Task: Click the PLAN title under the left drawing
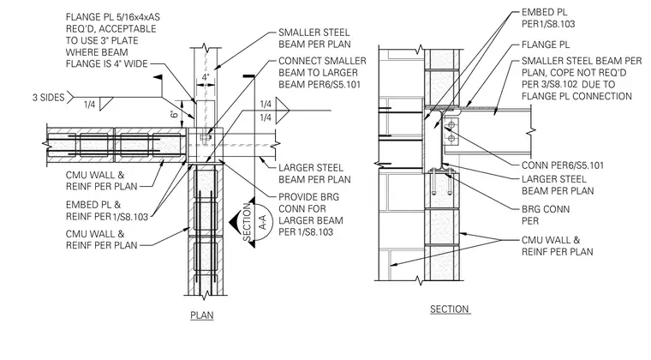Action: point(202,315)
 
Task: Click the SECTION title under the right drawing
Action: point(449,309)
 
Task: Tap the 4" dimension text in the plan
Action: point(206,77)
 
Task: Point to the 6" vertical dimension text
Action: point(176,113)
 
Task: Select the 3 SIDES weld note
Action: point(49,98)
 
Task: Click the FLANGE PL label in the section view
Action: point(546,45)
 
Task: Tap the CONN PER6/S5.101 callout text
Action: point(563,165)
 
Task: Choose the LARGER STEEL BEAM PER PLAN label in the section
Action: point(558,185)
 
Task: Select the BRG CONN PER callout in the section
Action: point(546,214)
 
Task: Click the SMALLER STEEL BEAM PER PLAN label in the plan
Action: point(314,39)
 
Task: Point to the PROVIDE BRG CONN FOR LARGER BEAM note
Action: point(311,214)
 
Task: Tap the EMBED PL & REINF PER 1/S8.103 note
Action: point(107,211)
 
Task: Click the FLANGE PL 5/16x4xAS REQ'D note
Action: point(112,40)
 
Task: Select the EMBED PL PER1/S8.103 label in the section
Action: point(548,18)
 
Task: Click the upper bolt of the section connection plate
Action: point(450,123)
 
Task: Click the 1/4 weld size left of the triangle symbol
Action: point(90,105)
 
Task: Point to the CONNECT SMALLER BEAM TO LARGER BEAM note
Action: point(322,73)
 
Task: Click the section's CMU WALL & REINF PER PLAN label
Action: point(557,246)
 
